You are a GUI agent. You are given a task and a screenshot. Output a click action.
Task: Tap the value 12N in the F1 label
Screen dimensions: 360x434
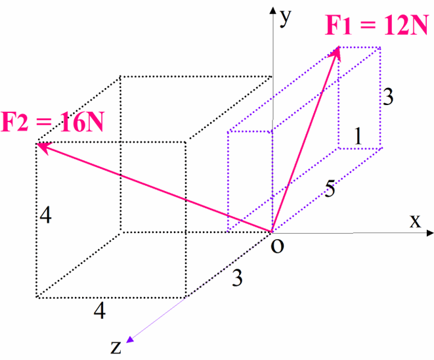405,27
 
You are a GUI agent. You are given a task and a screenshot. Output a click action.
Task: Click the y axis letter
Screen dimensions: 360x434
286,18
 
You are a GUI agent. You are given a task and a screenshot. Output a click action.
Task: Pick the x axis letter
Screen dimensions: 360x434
415,221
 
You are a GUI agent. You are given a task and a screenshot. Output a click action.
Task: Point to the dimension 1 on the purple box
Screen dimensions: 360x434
357,136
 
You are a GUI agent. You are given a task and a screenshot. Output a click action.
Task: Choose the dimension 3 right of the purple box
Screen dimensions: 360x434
388,98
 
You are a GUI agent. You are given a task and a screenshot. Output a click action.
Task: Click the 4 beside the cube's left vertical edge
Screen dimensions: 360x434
45,215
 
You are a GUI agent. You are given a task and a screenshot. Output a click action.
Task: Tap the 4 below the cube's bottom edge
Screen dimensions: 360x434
98,311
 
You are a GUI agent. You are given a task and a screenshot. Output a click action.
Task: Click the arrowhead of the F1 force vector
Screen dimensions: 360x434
337,51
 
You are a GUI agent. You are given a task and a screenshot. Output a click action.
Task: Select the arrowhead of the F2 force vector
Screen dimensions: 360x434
41,145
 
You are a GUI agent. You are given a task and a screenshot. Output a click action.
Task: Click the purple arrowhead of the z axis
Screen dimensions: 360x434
130,339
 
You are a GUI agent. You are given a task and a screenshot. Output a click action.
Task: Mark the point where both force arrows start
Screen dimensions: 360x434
272,232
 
